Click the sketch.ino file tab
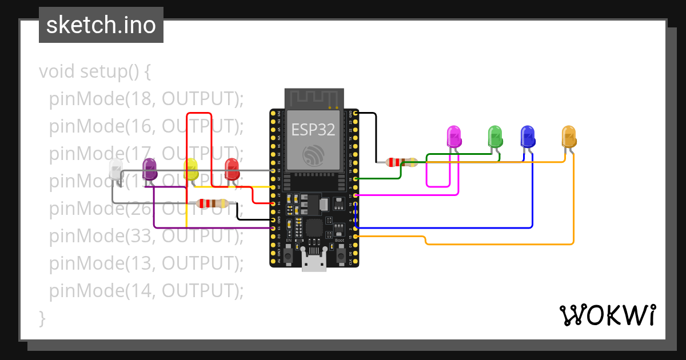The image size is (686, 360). point(101,25)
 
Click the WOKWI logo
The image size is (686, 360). point(607,315)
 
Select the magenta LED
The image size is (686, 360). point(453,137)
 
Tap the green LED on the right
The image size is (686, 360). point(495,137)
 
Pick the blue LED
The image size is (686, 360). point(528,137)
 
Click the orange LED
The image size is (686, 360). point(569,137)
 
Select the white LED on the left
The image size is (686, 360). point(115,170)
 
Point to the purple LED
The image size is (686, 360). point(150,170)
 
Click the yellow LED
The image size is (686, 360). point(191,170)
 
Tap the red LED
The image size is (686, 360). point(232,170)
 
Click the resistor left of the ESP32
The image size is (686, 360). point(212,203)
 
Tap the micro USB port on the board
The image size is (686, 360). point(314,263)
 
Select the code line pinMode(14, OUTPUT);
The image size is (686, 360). point(146,291)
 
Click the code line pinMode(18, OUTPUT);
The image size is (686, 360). point(146,99)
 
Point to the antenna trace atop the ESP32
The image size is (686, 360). point(314,98)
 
